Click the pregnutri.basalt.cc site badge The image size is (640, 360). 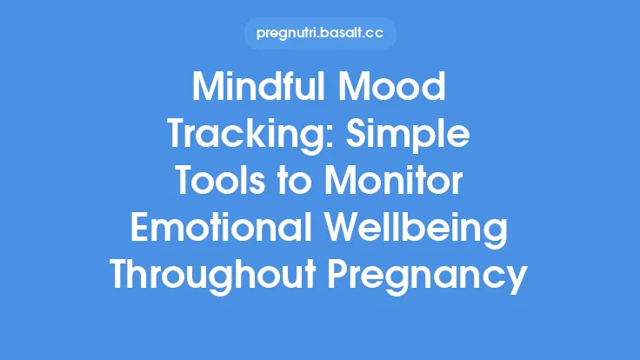tap(320, 35)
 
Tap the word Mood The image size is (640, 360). tap(397, 90)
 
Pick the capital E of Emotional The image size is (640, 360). tap(140, 230)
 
